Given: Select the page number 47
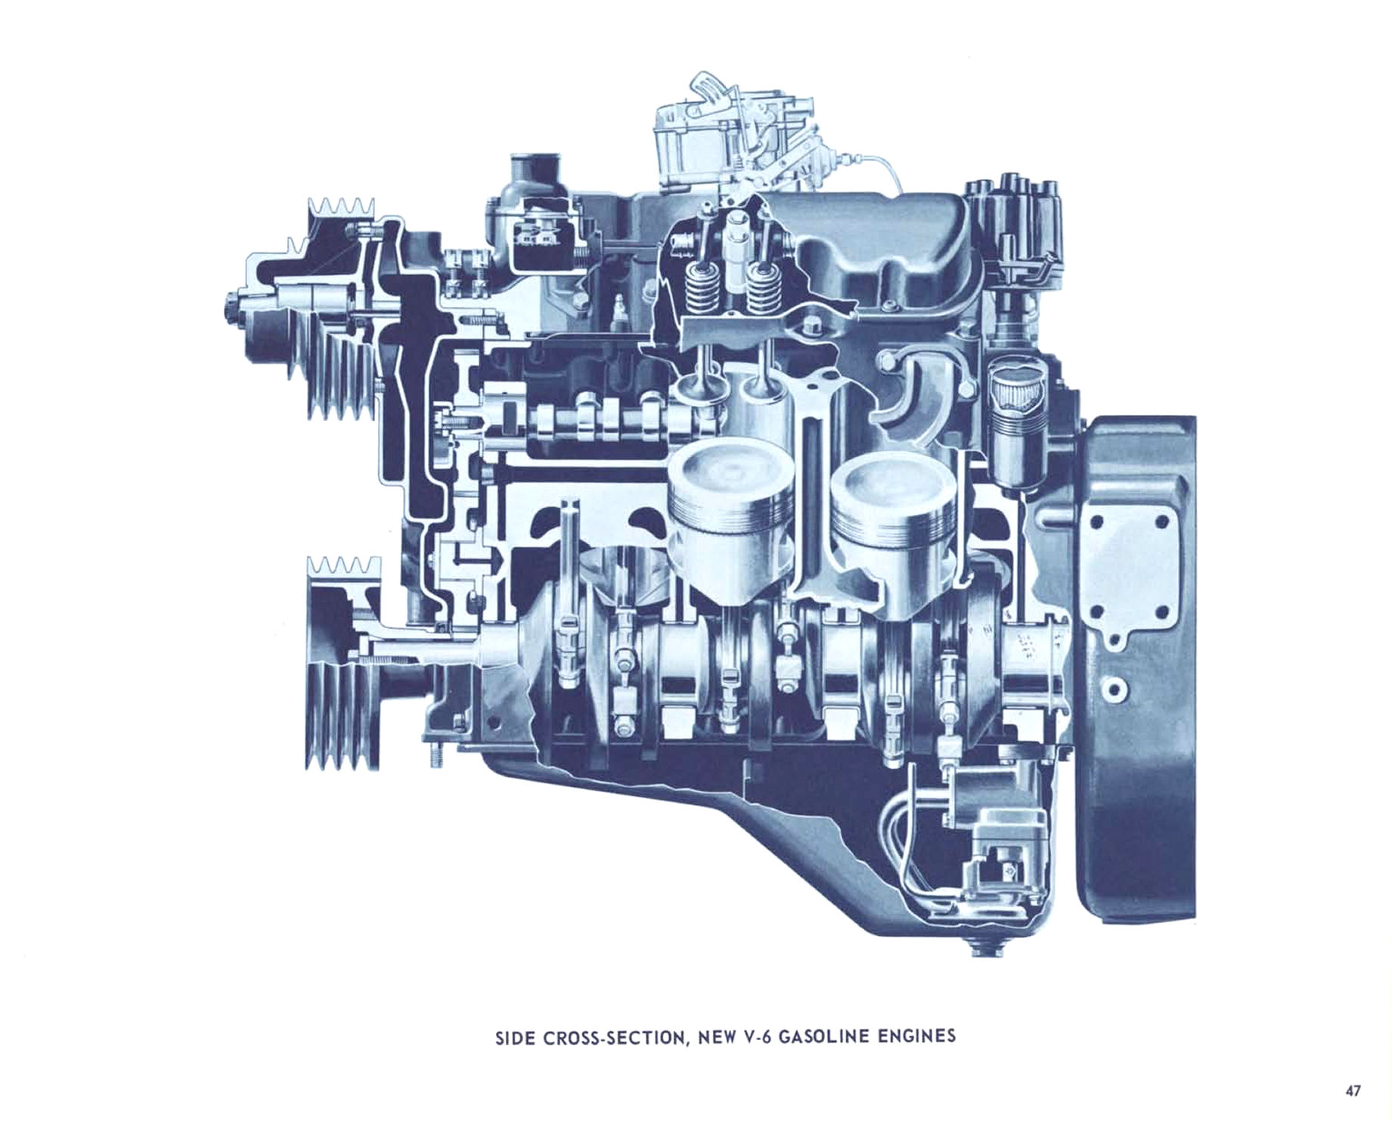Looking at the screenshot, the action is (x=1353, y=1090).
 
